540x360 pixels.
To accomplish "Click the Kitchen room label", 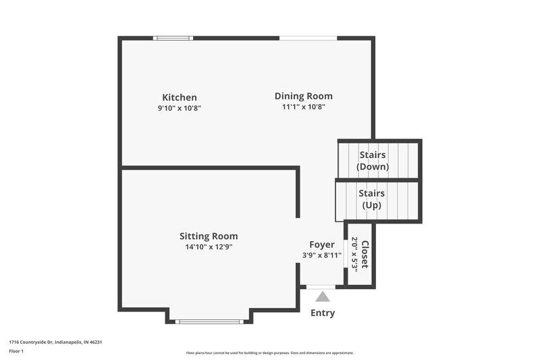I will (180, 97).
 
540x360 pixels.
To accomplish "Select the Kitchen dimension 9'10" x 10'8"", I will (180, 107).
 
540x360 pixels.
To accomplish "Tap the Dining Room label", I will (303, 96).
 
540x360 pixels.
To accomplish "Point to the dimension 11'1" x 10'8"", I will (304, 107).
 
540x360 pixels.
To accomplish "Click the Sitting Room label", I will (209, 236).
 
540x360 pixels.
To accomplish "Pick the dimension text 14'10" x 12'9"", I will (209, 247).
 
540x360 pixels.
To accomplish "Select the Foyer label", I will (322, 244).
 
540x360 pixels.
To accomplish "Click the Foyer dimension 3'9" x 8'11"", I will (322, 255).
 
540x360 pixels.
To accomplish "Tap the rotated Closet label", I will (365, 254).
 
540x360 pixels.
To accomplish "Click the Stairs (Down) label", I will (372, 161).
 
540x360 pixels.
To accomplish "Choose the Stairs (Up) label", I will (372, 199).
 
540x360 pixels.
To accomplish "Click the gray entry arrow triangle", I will (323, 297).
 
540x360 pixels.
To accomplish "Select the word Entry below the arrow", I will (323, 313).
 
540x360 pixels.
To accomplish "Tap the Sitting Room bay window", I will (209, 322).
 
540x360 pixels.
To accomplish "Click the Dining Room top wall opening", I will (308, 38).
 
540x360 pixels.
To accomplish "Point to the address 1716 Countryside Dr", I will (55, 342).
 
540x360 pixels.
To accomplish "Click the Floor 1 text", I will (16, 351).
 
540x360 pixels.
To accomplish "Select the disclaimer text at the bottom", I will (270, 353).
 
